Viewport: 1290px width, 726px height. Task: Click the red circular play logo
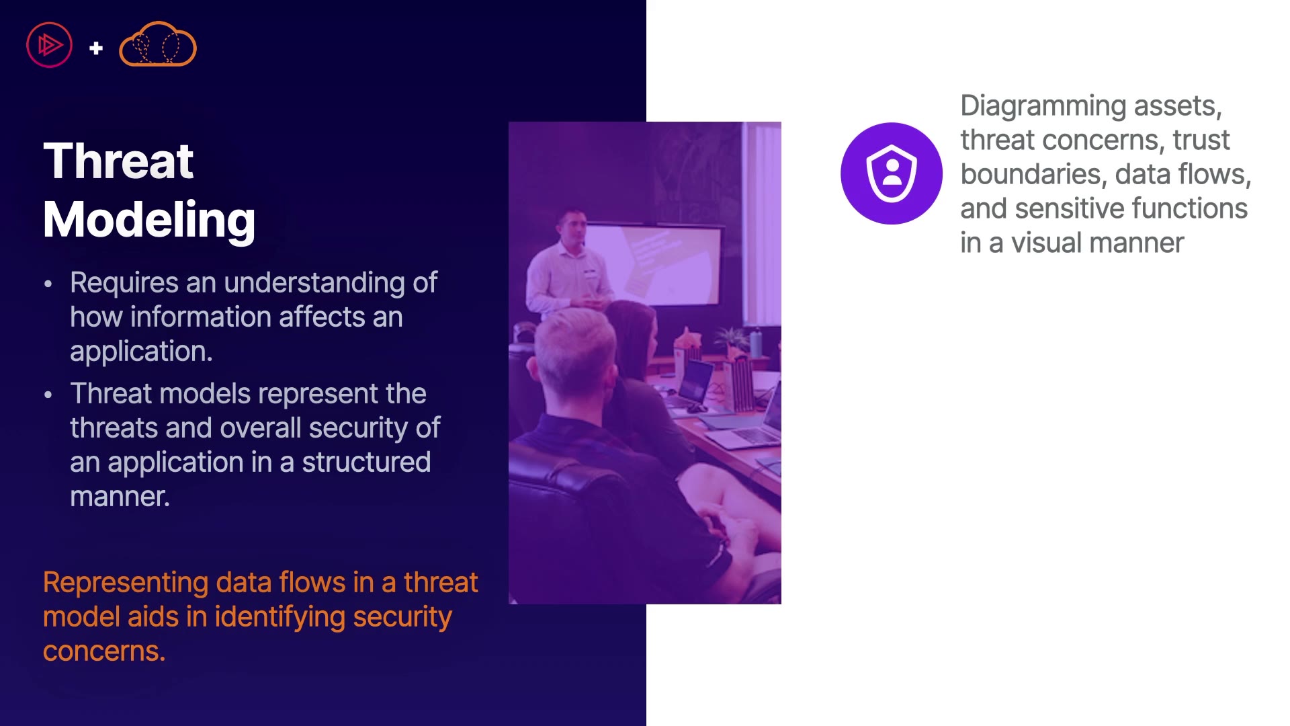point(49,45)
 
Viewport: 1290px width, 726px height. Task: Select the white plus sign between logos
point(96,48)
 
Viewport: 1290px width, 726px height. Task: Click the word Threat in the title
point(118,161)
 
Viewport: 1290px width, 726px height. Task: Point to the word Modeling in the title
point(149,220)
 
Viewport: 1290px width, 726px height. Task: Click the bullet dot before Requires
point(48,284)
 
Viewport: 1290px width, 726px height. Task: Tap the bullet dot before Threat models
point(48,395)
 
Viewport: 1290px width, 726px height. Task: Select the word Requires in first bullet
point(124,283)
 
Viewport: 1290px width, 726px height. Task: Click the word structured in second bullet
point(366,462)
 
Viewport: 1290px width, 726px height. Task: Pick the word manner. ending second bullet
point(120,497)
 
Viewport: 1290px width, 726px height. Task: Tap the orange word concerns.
point(104,651)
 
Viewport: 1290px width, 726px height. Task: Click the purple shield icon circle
point(892,173)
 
